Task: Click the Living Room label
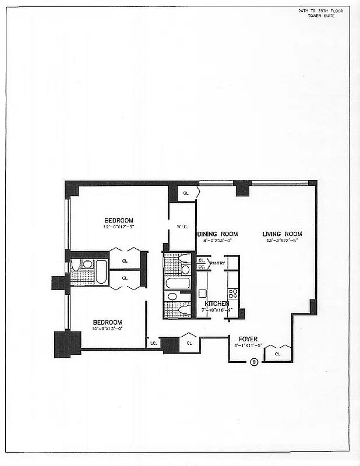[282, 234]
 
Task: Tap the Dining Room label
[217, 234]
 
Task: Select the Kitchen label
[217, 303]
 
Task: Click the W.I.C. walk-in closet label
[182, 227]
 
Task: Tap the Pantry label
[217, 263]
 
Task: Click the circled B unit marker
[253, 362]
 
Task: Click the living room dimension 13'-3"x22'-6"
[282, 241]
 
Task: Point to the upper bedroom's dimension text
[118, 227]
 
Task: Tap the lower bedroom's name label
[108, 322]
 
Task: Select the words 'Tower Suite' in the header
[322, 16]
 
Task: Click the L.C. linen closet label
[153, 343]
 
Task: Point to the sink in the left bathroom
[87, 264]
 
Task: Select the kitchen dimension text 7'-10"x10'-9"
[217, 310]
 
